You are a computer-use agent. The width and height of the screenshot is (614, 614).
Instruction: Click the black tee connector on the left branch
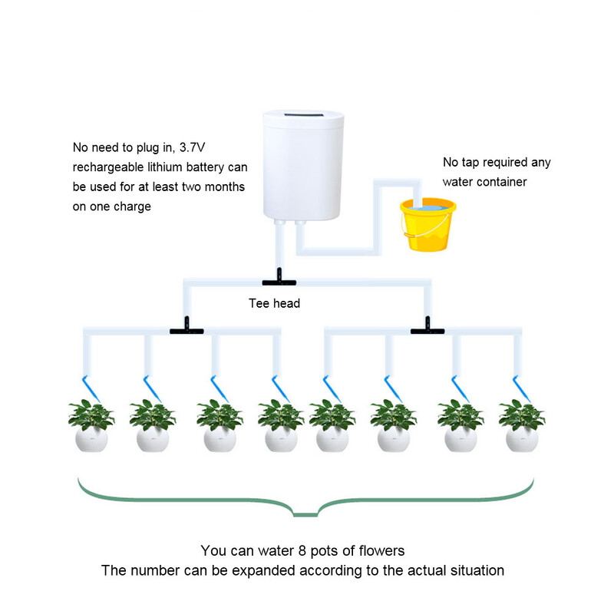[x=185, y=330]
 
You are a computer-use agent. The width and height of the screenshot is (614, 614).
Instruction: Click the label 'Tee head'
[x=275, y=303]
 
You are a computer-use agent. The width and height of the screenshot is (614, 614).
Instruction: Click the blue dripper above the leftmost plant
[x=87, y=385]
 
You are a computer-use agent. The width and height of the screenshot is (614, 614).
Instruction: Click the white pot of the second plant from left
[x=152, y=440]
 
